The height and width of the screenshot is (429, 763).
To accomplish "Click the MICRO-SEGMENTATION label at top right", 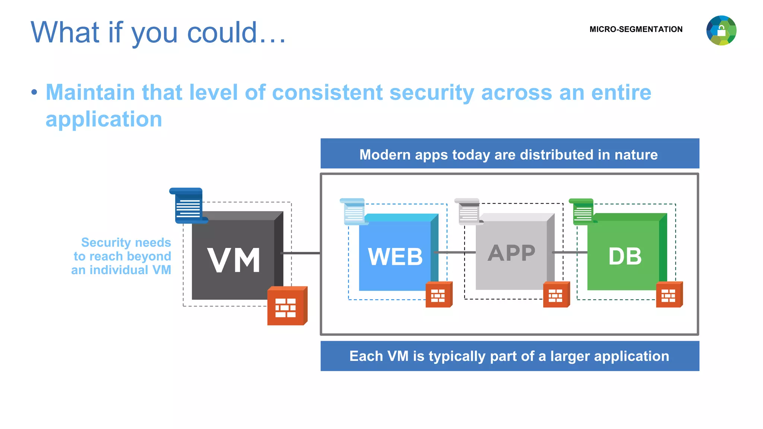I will point(636,29).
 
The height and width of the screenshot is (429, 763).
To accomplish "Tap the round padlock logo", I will point(721,31).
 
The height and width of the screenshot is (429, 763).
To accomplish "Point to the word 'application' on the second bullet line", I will point(104,119).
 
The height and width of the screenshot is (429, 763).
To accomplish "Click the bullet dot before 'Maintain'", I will point(34,92).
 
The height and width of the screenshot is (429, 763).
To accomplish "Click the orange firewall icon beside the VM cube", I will point(286,306).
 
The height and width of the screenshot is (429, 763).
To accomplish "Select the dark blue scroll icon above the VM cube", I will point(187,206).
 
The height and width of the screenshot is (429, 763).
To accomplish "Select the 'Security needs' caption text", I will point(126,242).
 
